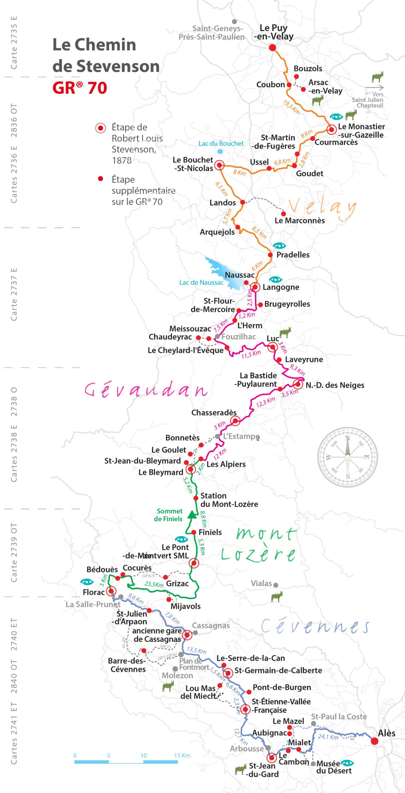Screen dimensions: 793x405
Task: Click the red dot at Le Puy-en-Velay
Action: pyautogui.click(x=272, y=47)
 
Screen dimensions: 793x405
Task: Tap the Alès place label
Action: pyautogui.click(x=386, y=733)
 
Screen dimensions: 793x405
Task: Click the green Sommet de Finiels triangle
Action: pyautogui.click(x=192, y=515)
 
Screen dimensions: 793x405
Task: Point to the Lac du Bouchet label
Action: pyautogui.click(x=221, y=143)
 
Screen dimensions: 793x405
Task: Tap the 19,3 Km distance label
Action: pyautogui.click(x=291, y=107)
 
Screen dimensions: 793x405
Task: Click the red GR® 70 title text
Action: pyautogui.click(x=80, y=88)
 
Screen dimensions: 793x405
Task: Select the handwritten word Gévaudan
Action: pyautogui.click(x=146, y=390)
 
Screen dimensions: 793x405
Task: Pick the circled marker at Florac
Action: pyautogui.click(x=111, y=591)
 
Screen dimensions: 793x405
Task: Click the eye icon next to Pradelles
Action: pyautogui.click(x=279, y=246)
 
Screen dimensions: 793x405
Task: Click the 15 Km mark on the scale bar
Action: pyautogui.click(x=182, y=756)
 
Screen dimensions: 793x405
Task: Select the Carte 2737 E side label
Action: pyautogui.click(x=14, y=294)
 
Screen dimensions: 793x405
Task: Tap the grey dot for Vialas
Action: pyautogui.click(x=275, y=585)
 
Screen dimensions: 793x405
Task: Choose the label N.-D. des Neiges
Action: pyautogui.click(x=335, y=385)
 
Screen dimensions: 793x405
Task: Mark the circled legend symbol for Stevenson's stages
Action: pyautogui.click(x=100, y=128)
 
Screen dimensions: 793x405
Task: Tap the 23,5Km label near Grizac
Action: pyautogui.click(x=154, y=584)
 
